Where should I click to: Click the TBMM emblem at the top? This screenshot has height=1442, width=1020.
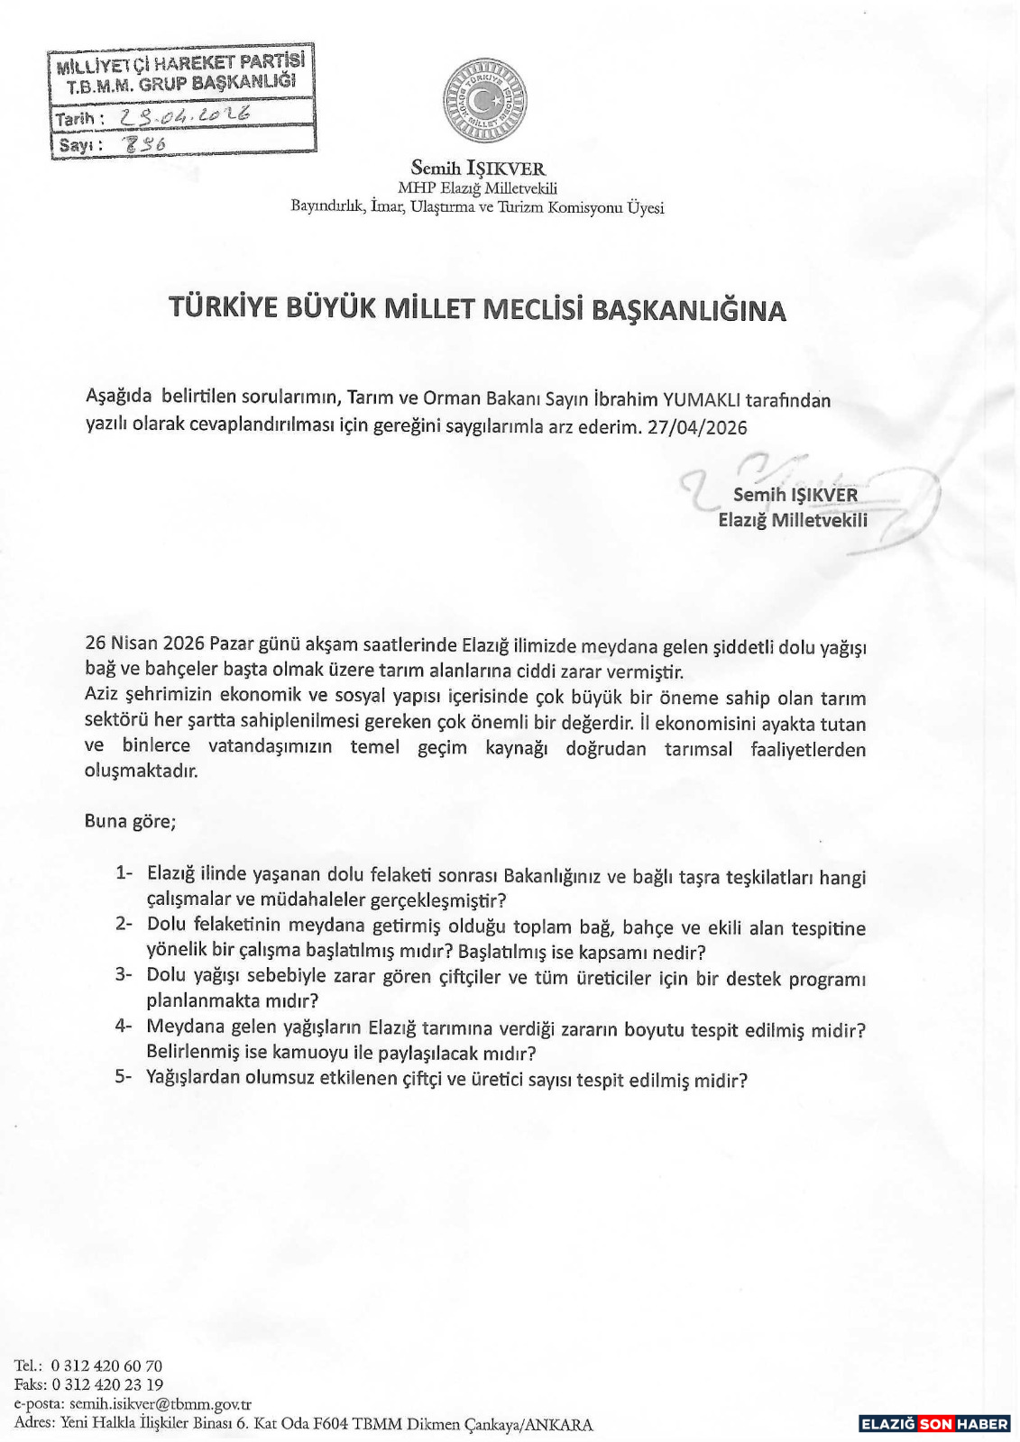tap(484, 100)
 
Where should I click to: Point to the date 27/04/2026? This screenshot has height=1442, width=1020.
tap(697, 427)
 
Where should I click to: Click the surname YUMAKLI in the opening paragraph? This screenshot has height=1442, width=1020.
tap(702, 400)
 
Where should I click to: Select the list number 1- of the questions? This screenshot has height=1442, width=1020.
tap(124, 872)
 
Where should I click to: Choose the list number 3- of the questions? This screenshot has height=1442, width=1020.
tap(124, 974)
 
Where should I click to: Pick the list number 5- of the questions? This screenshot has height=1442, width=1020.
tap(124, 1076)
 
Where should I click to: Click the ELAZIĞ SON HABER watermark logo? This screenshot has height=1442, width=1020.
tap(934, 1424)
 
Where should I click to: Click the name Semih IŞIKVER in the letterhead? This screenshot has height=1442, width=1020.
tap(477, 169)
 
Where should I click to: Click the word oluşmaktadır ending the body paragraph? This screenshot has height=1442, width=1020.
tap(141, 771)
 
